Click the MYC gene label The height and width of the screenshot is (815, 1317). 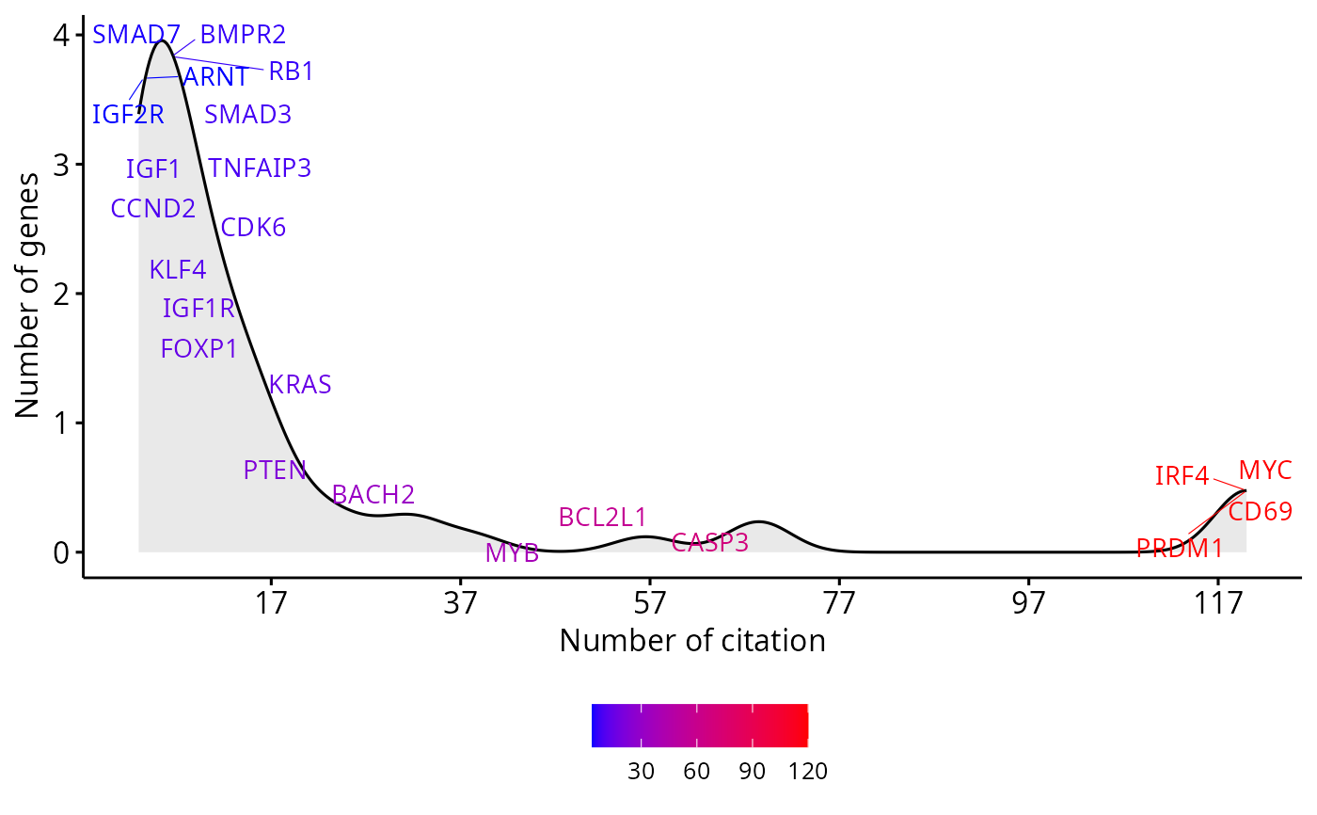[x=1265, y=469]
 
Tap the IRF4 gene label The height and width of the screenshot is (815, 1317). [x=1182, y=476]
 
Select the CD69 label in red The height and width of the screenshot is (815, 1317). [x=1260, y=512]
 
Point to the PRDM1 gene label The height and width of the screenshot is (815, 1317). [x=1180, y=548]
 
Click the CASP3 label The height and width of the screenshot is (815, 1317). [x=710, y=542]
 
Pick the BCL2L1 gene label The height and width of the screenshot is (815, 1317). [x=602, y=517]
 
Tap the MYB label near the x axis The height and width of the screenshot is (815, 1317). [x=512, y=553]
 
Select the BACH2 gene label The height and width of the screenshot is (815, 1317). [x=373, y=494]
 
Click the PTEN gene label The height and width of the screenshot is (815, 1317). [x=275, y=471]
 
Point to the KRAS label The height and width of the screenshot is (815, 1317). [x=300, y=385]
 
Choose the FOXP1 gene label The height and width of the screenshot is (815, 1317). [x=199, y=349]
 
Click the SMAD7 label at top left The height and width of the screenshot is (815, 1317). [x=136, y=36]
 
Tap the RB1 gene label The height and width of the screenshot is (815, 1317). [x=291, y=72]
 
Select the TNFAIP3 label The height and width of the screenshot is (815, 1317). [x=260, y=168]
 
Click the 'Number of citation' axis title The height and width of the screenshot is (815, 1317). [x=692, y=641]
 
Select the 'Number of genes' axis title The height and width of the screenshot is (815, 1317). [x=29, y=294]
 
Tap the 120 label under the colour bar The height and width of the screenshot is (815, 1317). [x=807, y=772]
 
